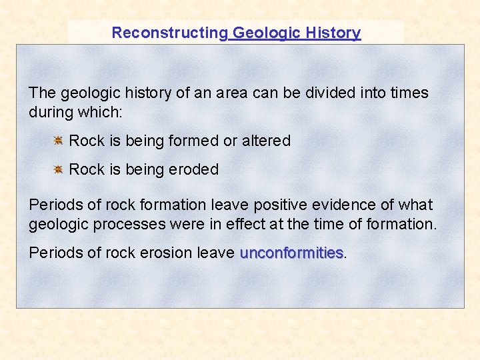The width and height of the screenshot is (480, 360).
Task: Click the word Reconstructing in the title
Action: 169,33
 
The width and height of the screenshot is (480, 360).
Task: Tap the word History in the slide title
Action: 333,33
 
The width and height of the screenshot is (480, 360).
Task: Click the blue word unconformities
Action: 291,253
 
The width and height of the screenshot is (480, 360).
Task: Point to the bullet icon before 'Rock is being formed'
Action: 58,141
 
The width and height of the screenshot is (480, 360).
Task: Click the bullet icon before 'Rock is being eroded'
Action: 58,169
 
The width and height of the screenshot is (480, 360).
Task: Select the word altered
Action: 266,141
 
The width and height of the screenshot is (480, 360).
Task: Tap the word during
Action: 49,111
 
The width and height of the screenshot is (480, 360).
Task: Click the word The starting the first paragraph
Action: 42,93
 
